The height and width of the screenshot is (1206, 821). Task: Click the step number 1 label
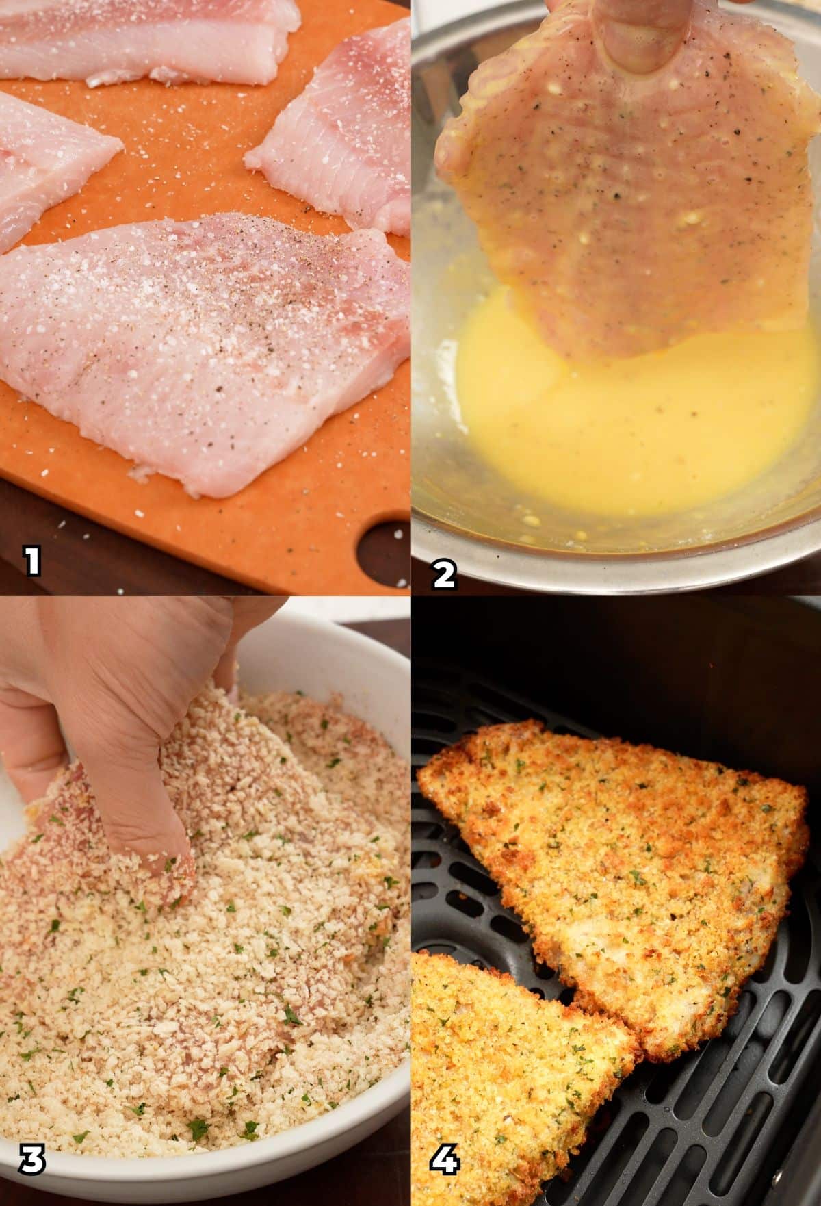pos(31,563)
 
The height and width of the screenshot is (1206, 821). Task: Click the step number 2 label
pos(444,572)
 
